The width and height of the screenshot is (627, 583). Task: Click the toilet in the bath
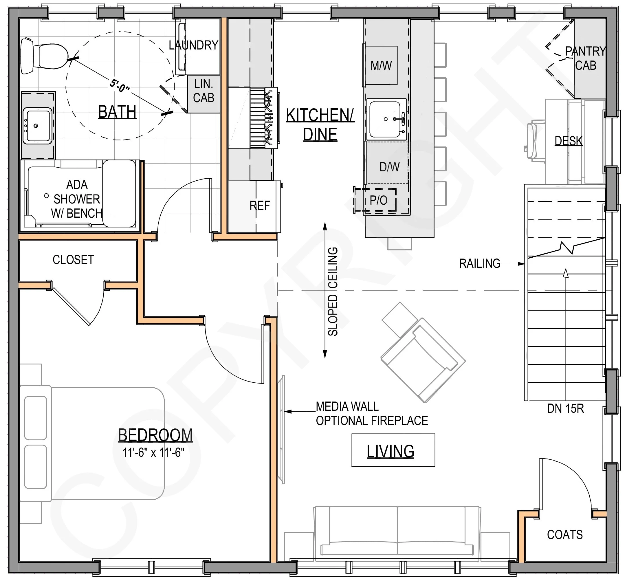pos(44,56)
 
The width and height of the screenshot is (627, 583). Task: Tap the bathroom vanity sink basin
pos(38,125)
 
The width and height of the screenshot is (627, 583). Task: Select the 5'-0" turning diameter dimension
pos(120,85)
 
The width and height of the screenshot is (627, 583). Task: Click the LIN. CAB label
pos(204,91)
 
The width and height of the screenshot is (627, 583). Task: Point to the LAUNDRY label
pos(193,45)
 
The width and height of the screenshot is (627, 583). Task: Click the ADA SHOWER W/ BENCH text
pos(77,199)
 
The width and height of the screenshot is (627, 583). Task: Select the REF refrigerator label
pos(260,206)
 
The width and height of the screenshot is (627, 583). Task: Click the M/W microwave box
pos(381,65)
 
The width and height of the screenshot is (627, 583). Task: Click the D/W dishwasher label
pos(390,167)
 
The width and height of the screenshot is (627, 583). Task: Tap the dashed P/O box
pos(375,200)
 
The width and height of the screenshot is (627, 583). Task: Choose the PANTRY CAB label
pos(586,58)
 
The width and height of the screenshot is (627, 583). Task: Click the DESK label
pos(568,141)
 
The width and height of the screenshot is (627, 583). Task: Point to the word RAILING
pos(479,263)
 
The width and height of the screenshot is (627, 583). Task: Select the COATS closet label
pos(565,534)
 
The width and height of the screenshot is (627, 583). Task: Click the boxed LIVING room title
pos(393,450)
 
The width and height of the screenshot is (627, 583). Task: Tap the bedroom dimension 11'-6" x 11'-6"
pos(153,452)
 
